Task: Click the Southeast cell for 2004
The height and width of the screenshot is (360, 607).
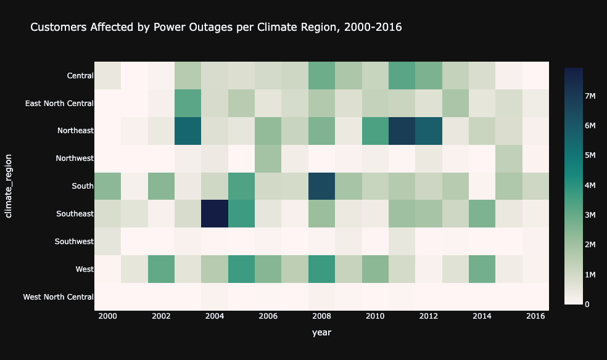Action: [x=215, y=213]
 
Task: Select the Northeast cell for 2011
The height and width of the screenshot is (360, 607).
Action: [x=402, y=131]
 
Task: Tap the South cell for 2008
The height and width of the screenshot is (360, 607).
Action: [x=321, y=186]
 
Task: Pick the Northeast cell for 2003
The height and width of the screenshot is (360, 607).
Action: [x=188, y=131]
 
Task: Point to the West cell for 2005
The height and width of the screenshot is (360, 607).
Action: [x=241, y=269]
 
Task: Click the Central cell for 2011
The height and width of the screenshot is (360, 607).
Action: [x=402, y=76]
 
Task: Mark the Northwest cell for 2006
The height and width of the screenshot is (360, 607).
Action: [x=268, y=158]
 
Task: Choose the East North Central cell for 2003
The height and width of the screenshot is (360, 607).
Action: [x=188, y=103]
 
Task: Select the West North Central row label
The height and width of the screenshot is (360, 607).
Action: [x=58, y=297]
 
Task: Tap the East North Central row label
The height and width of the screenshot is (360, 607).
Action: [x=59, y=103]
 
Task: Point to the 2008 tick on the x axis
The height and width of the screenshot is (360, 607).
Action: [x=321, y=316]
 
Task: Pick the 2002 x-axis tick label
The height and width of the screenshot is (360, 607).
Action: [x=162, y=316]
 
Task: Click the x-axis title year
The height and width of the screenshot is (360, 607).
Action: [x=321, y=333]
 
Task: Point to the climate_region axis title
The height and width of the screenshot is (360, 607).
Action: [x=9, y=186]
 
